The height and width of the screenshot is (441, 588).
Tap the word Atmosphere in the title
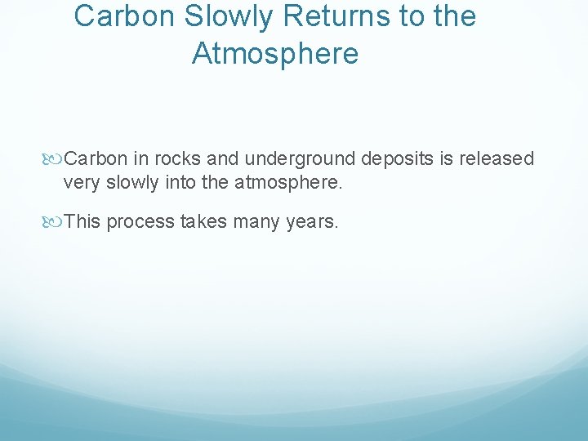[274, 54]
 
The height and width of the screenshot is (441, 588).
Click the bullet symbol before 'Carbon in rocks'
[56, 158]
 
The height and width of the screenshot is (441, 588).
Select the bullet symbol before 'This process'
[56, 221]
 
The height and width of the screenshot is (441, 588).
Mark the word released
[489, 158]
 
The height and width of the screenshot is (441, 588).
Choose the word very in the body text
[80, 182]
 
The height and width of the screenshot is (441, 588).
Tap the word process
[140, 221]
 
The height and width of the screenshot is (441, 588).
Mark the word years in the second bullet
[311, 221]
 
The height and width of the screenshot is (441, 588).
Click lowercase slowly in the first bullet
[129, 182]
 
